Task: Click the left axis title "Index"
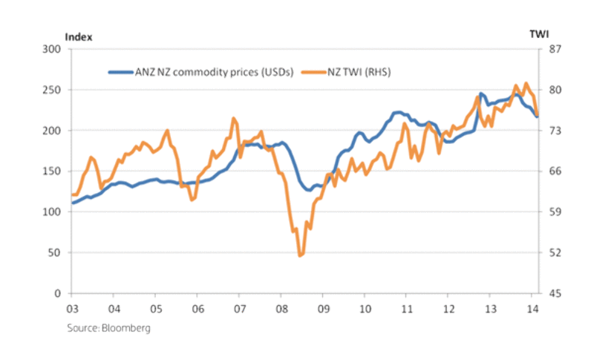[79, 36]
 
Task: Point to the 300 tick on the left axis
[52, 49]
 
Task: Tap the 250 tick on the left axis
[52, 90]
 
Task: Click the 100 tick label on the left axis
[52, 212]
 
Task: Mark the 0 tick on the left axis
[58, 294]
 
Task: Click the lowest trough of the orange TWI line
[300, 255]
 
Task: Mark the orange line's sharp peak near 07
[234, 119]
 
